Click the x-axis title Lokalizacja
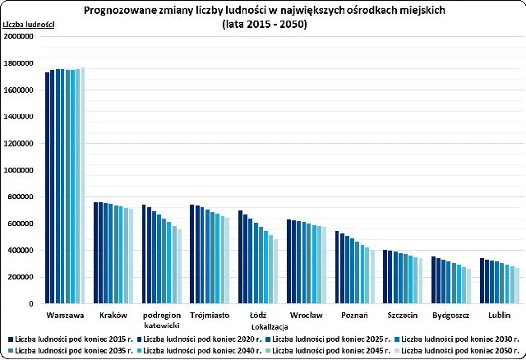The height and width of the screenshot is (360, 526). pyautogui.click(x=262, y=325)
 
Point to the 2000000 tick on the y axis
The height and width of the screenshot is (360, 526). pyautogui.click(x=19, y=37)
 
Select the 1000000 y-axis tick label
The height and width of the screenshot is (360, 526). pyautogui.click(x=19, y=170)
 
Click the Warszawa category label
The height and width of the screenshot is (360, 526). pyautogui.click(x=65, y=315)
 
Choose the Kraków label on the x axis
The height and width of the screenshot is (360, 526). pyautogui.click(x=113, y=315)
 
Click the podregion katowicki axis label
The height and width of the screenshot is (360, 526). pyautogui.click(x=161, y=319)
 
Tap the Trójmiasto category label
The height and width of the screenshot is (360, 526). pyautogui.click(x=210, y=315)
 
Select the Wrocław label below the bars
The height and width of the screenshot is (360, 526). pyautogui.click(x=307, y=315)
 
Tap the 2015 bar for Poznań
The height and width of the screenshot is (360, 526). pyautogui.click(x=337, y=267)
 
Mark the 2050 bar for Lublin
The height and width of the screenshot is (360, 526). pyautogui.click(x=518, y=285)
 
